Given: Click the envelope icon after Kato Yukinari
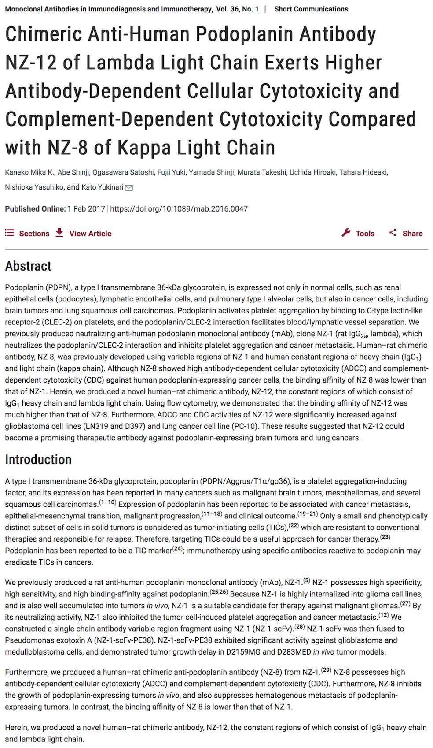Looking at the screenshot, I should click(129, 188).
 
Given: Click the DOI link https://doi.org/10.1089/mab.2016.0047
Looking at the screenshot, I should click(179, 209).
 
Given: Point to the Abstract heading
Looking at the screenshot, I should click(28, 266).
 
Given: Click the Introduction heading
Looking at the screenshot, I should click(38, 460).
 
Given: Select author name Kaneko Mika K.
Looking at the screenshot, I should click(29, 172).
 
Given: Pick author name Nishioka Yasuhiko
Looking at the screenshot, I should click(34, 187).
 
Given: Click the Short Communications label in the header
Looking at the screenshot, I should click(311, 9).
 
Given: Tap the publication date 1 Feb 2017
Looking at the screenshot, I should click(86, 209).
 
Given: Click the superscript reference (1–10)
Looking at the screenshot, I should click(107, 502).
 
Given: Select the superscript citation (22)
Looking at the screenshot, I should click(294, 525).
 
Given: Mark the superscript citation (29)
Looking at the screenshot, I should click(326, 670).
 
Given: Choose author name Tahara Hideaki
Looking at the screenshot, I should click(363, 172).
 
